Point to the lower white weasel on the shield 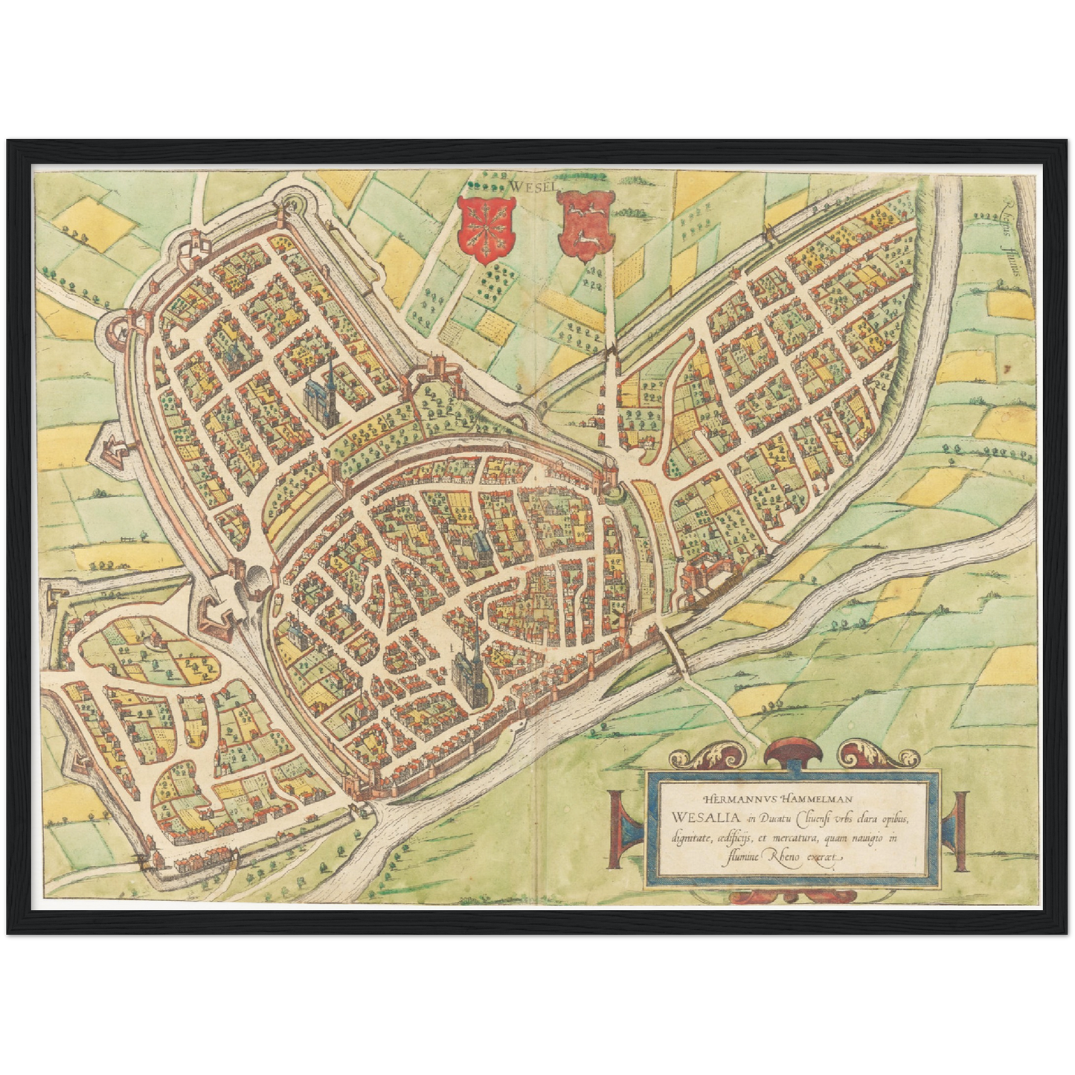tap(588, 239)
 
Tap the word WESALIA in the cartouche tap(698, 818)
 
